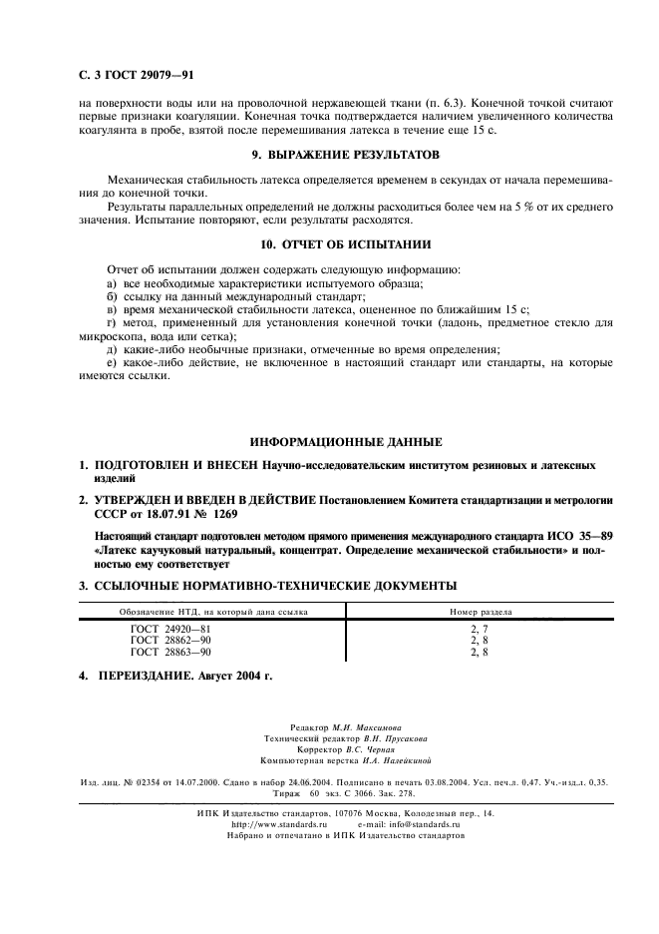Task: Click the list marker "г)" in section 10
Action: pyautogui.click(x=111, y=324)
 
